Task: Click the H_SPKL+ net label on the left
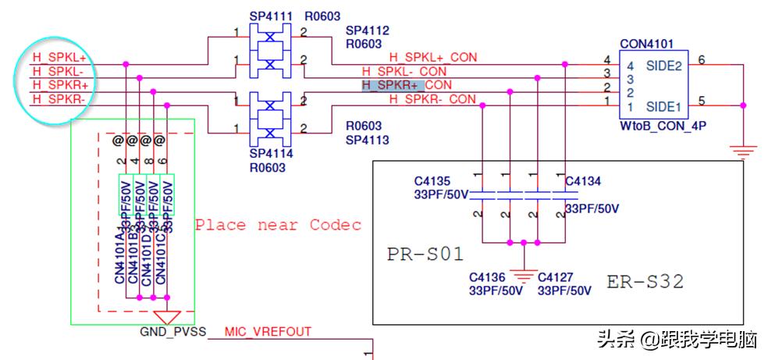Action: pos(59,58)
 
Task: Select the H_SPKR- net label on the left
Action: pos(59,99)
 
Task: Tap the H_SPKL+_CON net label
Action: pos(432,57)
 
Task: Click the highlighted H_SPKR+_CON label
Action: pos(407,84)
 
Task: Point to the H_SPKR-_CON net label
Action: pos(432,99)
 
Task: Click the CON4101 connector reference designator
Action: pos(646,44)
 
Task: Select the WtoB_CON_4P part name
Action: pos(657,125)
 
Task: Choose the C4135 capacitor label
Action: pos(432,182)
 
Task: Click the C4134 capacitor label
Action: pos(583,182)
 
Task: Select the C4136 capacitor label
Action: pos(487,277)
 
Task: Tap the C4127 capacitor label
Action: pos(556,277)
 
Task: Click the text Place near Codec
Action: pos(278,225)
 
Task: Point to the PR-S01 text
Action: pos(425,255)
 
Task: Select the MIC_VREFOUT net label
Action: pos(268,332)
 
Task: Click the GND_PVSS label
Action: pos(172,332)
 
